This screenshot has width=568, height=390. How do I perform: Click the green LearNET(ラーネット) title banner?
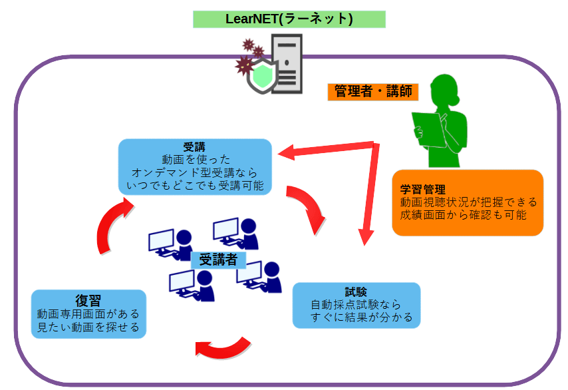click(x=289, y=19)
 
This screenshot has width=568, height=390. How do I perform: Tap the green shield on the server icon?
click(x=260, y=77)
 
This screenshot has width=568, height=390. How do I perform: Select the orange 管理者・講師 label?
click(x=372, y=91)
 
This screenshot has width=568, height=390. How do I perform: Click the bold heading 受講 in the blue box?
click(x=195, y=147)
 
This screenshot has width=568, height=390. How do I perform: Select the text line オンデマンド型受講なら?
click(x=195, y=173)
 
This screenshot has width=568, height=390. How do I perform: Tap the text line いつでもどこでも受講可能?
click(x=195, y=186)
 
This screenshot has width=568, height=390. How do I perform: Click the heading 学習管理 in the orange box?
click(x=422, y=189)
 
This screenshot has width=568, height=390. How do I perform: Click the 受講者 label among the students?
click(x=218, y=260)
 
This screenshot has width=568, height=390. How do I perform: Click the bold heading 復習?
click(x=88, y=299)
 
